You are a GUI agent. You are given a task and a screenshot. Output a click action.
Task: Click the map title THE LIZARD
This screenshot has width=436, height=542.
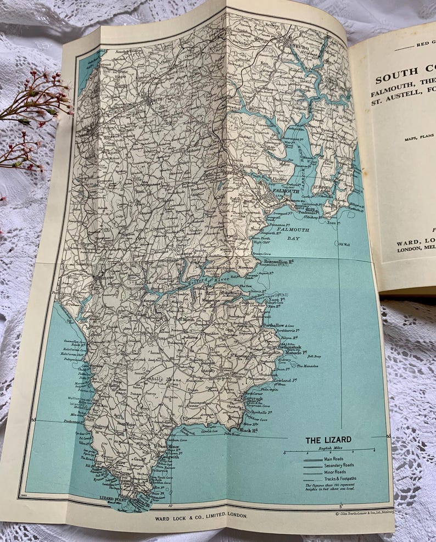(x=328, y=440)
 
